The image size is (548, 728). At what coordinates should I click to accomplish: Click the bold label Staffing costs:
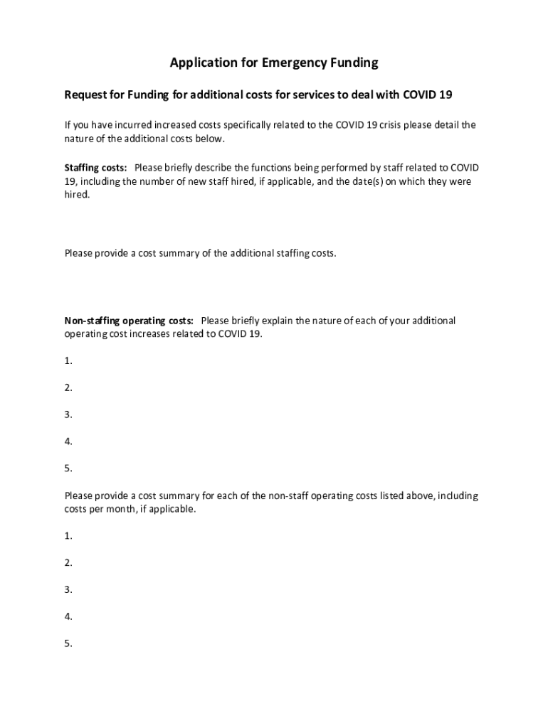pos(96,168)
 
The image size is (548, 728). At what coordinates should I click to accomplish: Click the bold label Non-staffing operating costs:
pos(129,321)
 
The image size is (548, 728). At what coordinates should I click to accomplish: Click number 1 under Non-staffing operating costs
pos(68,361)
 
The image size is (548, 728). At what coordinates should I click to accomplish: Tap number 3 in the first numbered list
pos(68,415)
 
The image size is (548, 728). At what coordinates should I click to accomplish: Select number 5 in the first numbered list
pos(68,469)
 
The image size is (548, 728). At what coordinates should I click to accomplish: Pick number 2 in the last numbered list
pos(68,563)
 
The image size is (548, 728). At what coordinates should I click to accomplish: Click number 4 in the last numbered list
pos(68,617)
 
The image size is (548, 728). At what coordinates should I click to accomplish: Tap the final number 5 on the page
pos(68,644)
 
